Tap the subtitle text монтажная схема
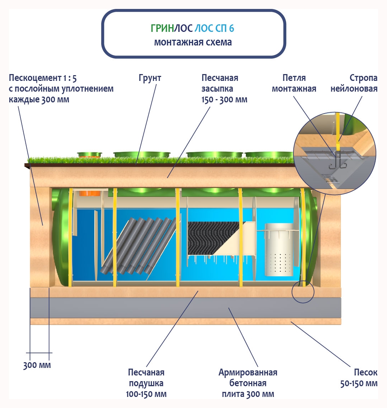tap(193, 42)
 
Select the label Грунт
tap(150, 78)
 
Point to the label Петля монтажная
tap(294, 83)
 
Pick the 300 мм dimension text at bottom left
tap(37, 365)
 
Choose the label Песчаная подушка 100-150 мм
tap(146, 383)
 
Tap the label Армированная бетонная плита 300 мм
tap(248, 383)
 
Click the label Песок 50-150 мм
tap(359, 378)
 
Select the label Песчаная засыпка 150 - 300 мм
tap(224, 88)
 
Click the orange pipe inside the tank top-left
tap(90, 193)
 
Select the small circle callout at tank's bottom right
tap(303, 292)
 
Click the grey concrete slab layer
tap(186, 308)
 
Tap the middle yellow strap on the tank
tap(177, 236)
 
